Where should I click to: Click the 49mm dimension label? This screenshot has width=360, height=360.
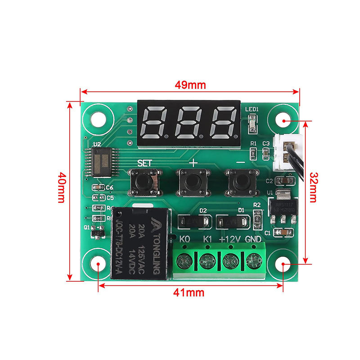pos(190,84)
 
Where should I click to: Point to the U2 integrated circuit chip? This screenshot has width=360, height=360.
pos(102,162)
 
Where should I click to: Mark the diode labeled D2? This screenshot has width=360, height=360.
pos(193,221)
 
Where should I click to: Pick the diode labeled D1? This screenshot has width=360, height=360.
pos(232,221)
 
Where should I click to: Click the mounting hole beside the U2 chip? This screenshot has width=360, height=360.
pos(99,118)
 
